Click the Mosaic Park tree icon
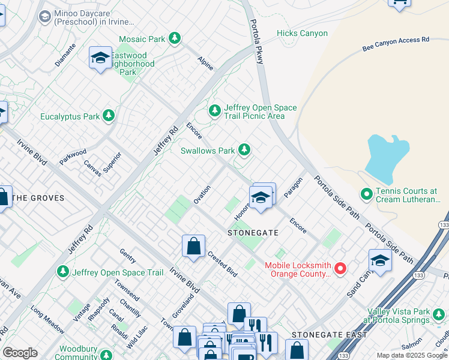[174, 39]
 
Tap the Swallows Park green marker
[244, 149]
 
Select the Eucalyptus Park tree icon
[108, 115]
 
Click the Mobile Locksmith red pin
[340, 268]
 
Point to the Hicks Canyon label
[302, 34]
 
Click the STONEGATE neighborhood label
[253, 232]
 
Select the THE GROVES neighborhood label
[38, 198]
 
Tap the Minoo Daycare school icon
[44, 16]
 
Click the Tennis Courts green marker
[366, 194]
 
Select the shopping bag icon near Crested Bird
[193, 246]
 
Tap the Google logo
[20, 353]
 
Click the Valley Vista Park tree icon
[440, 314]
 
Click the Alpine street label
[205, 63]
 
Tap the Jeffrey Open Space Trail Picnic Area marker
[214, 110]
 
